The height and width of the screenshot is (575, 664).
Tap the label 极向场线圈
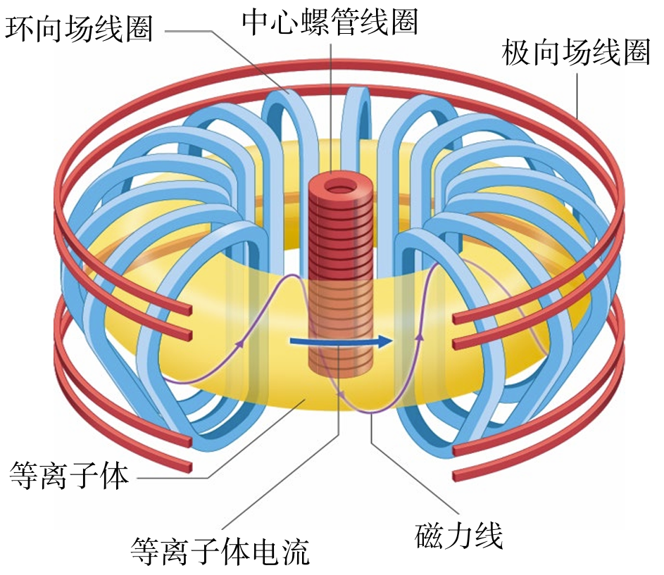pos(575,53)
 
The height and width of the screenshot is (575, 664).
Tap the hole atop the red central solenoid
pos(342,189)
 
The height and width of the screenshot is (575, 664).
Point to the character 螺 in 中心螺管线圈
pos(330,20)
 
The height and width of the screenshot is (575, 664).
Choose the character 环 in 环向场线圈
pos(20,29)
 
